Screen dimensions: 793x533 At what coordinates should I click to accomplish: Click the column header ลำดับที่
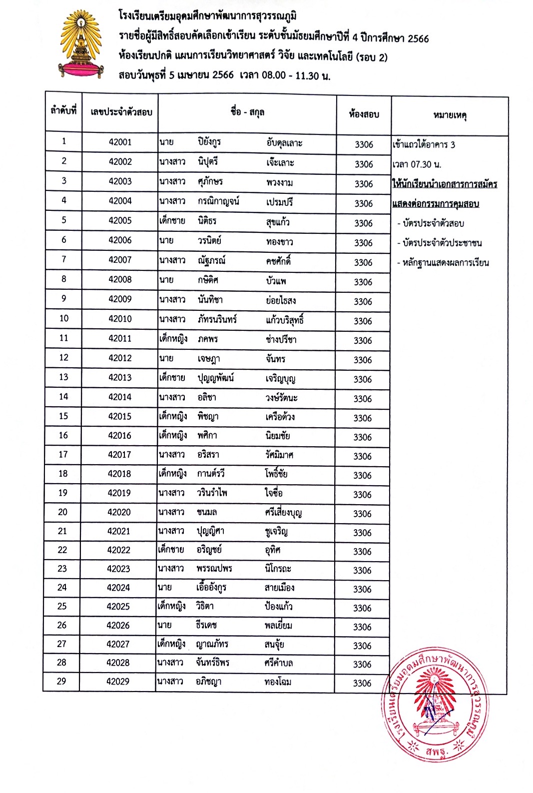pyautogui.click(x=63, y=111)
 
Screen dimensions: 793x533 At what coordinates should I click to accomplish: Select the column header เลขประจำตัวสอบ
pyautogui.click(x=121, y=112)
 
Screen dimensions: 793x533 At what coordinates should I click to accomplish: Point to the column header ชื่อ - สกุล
pyautogui.click(x=247, y=112)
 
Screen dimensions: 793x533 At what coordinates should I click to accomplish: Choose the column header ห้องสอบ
pyautogui.click(x=364, y=114)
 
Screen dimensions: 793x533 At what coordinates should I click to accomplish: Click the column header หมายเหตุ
pyautogui.click(x=450, y=116)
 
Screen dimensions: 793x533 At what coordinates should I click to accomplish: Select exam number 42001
pyautogui.click(x=120, y=142)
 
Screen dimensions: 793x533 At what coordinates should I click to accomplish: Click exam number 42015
pyautogui.click(x=120, y=416)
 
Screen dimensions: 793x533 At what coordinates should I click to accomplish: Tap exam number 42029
pyautogui.click(x=118, y=681)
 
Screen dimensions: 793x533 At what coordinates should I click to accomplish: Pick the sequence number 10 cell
pyautogui.click(x=64, y=318)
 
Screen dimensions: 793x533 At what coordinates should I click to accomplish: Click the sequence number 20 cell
pyautogui.click(x=62, y=512)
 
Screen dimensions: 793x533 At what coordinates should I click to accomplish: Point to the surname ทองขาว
pyautogui.click(x=280, y=242)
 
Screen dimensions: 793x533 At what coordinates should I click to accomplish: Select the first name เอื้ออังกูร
pyautogui.click(x=211, y=588)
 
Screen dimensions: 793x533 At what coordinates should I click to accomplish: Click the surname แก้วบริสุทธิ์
pyautogui.click(x=285, y=320)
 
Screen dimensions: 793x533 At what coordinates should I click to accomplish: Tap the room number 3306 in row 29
pyautogui.click(x=362, y=683)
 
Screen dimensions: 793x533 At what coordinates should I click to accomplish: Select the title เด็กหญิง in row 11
pyautogui.click(x=173, y=339)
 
